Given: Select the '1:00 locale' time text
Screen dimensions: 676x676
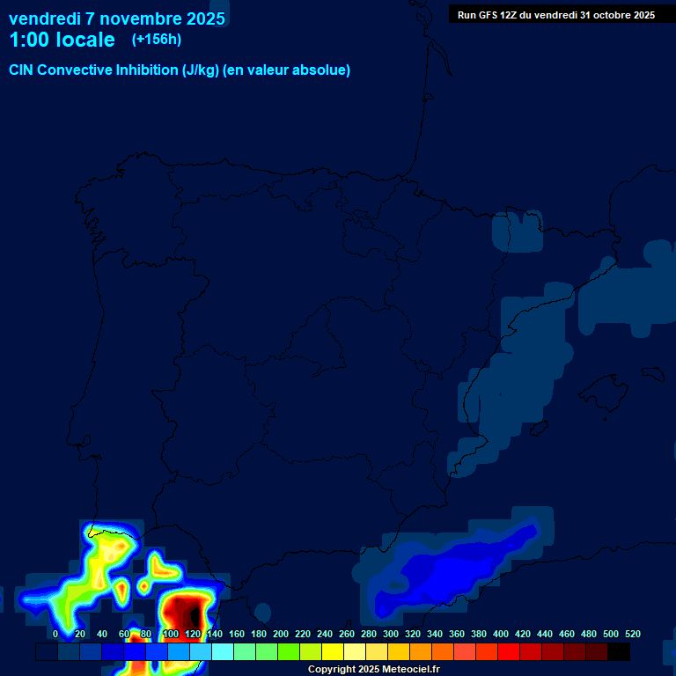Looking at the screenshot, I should pyautogui.click(x=62, y=40).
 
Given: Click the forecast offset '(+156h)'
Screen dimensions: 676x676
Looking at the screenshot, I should pyautogui.click(x=157, y=39).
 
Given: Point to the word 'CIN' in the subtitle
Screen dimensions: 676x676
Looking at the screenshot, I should pyautogui.click(x=21, y=70).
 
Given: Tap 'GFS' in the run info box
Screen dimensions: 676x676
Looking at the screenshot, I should pyautogui.click(x=489, y=15).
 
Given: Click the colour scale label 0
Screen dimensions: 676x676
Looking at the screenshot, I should pyautogui.click(x=55, y=634).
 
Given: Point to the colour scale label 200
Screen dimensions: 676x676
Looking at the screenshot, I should pyautogui.click(x=281, y=634).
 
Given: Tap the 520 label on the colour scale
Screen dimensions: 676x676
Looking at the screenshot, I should pyautogui.click(x=632, y=634).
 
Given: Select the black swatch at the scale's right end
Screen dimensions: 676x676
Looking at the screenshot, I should pyautogui.click(x=619, y=652).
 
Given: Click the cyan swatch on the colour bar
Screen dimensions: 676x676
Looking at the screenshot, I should pyautogui.click(x=223, y=652).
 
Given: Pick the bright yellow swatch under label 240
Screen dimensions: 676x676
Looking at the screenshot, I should pyautogui.click(x=333, y=652).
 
